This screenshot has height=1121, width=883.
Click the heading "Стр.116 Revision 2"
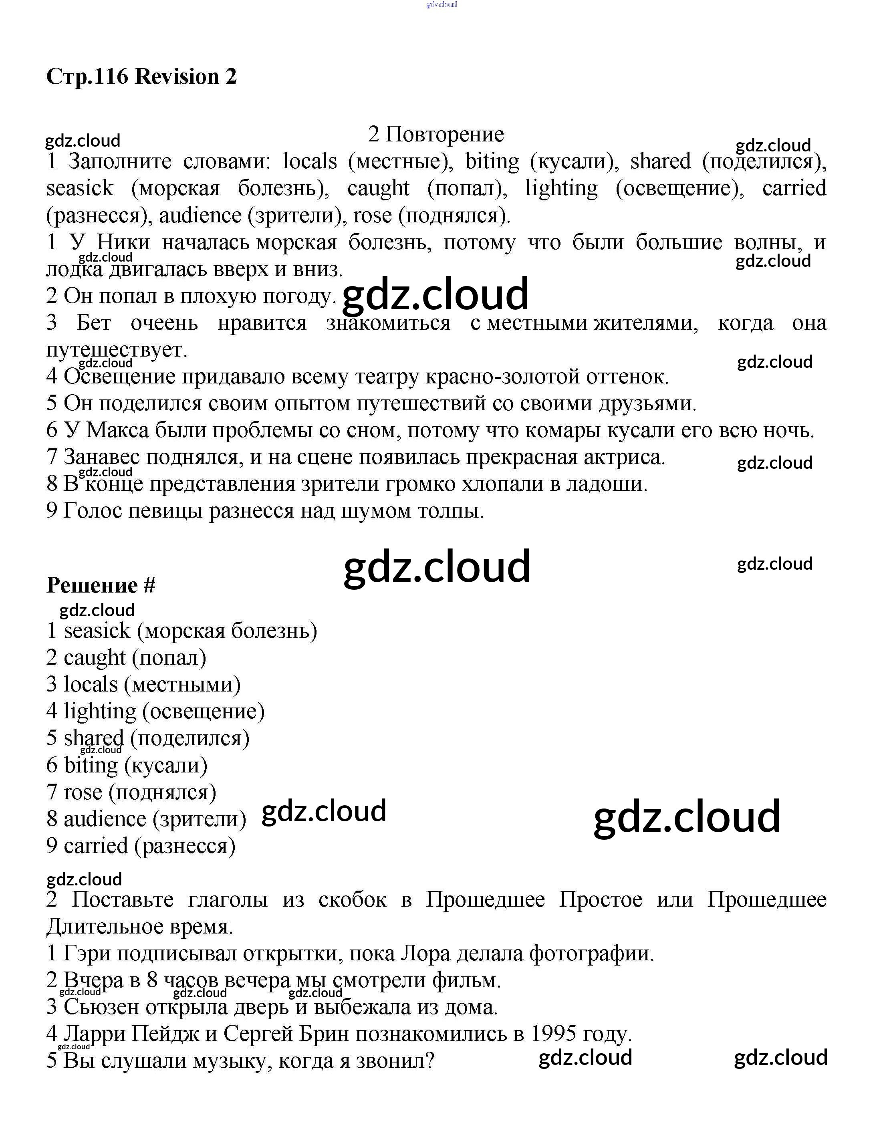pyautogui.click(x=141, y=77)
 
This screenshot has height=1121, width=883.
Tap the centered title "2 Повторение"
pyautogui.click(x=436, y=135)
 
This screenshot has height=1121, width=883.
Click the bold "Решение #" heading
pyautogui.click(x=101, y=585)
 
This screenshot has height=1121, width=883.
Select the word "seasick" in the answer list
pyautogui.click(x=97, y=631)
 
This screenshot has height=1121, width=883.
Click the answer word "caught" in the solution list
pyautogui.click(x=95, y=658)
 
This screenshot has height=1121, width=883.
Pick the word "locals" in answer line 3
pyautogui.click(x=91, y=685)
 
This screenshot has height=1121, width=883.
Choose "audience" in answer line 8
pyautogui.click(x=105, y=819)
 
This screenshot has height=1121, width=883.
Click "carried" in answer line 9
pyautogui.click(x=96, y=846)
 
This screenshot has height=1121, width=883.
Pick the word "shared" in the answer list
pyautogui.click(x=94, y=738)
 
